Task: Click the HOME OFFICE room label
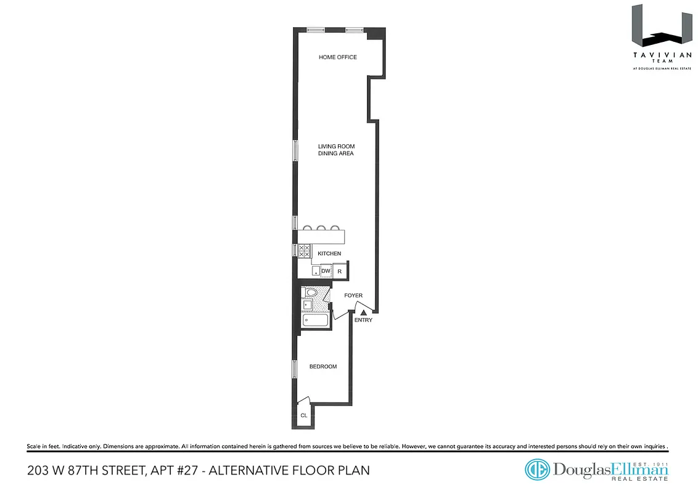(337, 57)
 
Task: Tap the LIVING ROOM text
(336, 147)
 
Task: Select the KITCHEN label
(329, 254)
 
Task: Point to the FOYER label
(353, 296)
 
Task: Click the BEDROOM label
(323, 367)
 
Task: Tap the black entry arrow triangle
(364, 313)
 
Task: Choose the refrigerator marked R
(340, 271)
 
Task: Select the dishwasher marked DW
(326, 271)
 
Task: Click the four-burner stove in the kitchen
(305, 251)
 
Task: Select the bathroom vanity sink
(306, 304)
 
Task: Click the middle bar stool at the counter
(321, 228)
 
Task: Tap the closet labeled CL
(303, 415)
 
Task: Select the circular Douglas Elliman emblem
(536, 470)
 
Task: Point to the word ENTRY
(363, 320)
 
